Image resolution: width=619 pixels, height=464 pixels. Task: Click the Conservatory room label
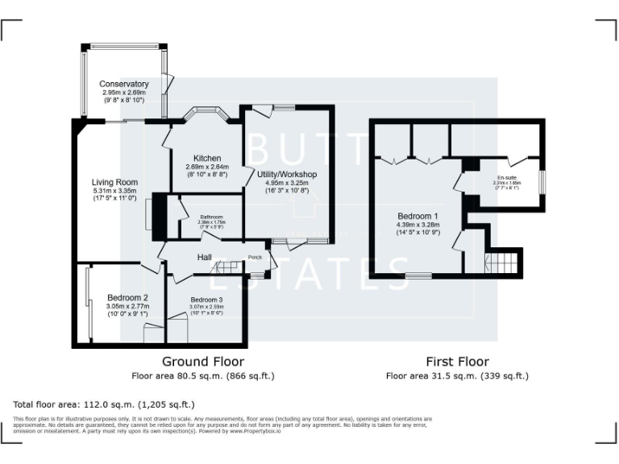pyautogui.click(x=124, y=84)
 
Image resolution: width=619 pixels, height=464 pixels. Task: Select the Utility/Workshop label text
pyautogui.click(x=287, y=174)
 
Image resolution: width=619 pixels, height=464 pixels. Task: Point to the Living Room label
pyautogui.click(x=114, y=182)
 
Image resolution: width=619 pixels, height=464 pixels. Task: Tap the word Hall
pyautogui.click(x=205, y=257)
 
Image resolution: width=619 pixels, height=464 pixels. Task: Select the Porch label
pyautogui.click(x=255, y=258)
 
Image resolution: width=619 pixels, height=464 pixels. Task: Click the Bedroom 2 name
pyautogui.click(x=127, y=298)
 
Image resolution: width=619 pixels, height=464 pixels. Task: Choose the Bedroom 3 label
pyautogui.click(x=206, y=300)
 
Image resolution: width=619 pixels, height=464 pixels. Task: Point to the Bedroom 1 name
pyautogui.click(x=418, y=216)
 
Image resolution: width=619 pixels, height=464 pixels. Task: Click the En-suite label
pyautogui.click(x=507, y=177)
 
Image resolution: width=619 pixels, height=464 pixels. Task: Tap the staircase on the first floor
pyautogui.click(x=501, y=263)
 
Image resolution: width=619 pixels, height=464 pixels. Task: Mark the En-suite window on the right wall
pyautogui.click(x=540, y=182)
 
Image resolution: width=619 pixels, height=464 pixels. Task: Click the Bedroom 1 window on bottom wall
pyautogui.click(x=418, y=276)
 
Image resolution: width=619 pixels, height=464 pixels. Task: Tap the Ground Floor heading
pyautogui.click(x=203, y=362)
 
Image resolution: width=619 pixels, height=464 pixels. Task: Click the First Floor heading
pyautogui.click(x=457, y=362)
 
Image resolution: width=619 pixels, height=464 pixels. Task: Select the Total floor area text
pyautogui.click(x=104, y=404)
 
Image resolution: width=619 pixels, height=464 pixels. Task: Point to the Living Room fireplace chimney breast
pyautogui.click(x=160, y=216)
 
